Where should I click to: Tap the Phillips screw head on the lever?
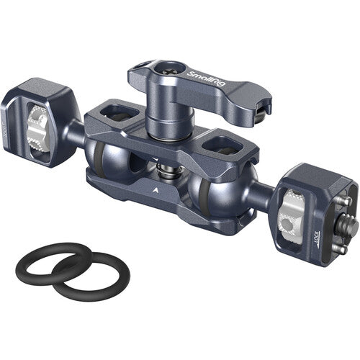click(x=168, y=71)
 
